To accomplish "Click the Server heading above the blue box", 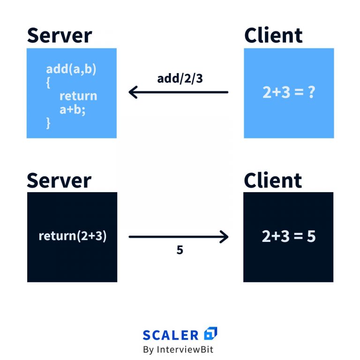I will [59, 36].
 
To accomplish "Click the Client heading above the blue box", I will [273, 36].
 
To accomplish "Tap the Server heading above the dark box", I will [59, 180].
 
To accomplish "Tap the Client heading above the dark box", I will [273, 180].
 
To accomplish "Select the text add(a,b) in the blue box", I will [71, 69].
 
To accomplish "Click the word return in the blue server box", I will [78, 96].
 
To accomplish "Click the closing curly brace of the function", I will [48, 123].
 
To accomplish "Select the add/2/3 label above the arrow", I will [180, 78].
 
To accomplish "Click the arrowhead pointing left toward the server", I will [132, 92].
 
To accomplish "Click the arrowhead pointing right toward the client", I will [224, 237].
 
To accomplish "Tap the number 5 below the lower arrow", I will [180, 250].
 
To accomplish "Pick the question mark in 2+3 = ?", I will [310, 93].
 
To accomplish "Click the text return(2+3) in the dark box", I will [73, 236].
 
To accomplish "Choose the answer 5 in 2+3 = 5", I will [311, 237].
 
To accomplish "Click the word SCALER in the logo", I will [171, 335].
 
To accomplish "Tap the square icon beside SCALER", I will [211, 334].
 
